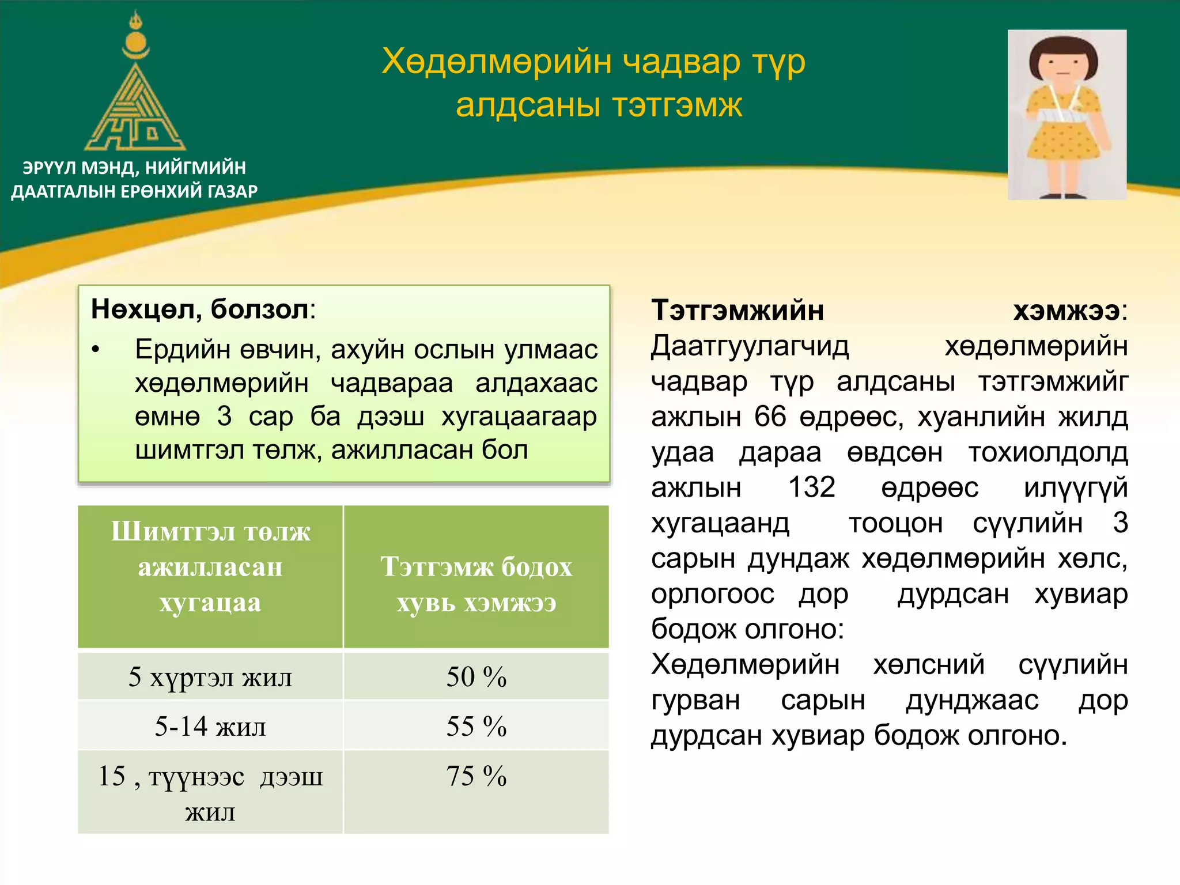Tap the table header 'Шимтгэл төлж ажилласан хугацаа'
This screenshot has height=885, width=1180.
pos(210,568)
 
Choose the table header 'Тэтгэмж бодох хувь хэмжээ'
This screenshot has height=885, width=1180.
pos(476,584)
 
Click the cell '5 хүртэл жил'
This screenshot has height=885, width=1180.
pos(210,677)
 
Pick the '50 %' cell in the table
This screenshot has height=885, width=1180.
pos(476,677)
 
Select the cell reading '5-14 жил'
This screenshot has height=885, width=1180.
pos(210,727)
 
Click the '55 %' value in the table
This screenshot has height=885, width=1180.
pos(476,727)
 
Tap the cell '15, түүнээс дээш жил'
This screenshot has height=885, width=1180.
pos(210,793)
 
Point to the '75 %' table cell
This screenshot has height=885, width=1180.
pos(476,776)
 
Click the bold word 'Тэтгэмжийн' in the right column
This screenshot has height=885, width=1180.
pos(737,311)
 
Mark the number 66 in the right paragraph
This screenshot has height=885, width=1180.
pos(770,417)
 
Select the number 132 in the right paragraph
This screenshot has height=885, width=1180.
pos(811,487)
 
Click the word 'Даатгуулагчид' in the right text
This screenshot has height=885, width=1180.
pos(750,346)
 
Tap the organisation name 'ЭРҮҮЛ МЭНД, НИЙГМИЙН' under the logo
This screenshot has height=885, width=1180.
pos(134,168)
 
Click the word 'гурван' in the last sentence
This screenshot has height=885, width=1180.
pos(695,701)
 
